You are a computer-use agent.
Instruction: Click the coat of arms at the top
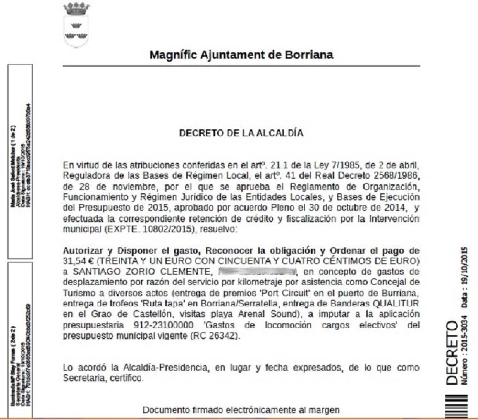pyautogui.click(x=76, y=24)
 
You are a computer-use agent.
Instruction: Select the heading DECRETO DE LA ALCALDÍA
pyautogui.click(x=241, y=133)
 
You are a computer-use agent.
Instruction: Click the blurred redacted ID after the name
pyautogui.click(x=258, y=271)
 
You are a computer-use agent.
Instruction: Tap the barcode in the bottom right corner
pyautogui.click(x=455, y=405)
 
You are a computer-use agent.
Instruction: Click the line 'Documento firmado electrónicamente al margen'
pyautogui.click(x=241, y=409)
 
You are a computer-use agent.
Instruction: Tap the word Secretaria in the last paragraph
pyautogui.click(x=84, y=378)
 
